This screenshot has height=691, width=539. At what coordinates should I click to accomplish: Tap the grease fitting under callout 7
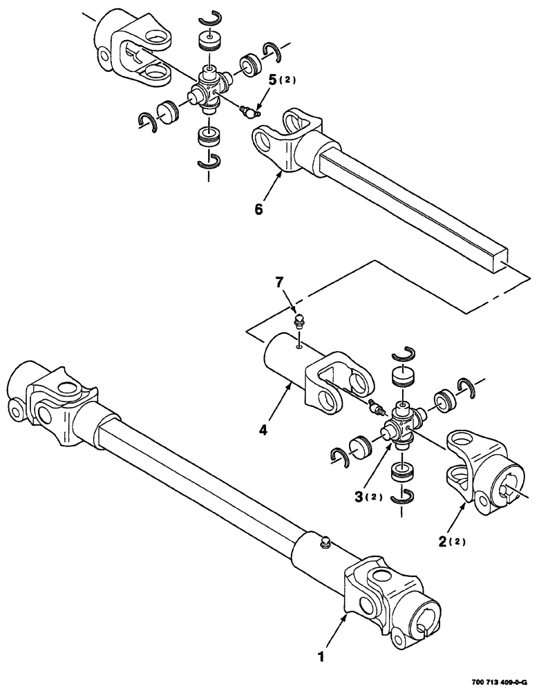[299, 321]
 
